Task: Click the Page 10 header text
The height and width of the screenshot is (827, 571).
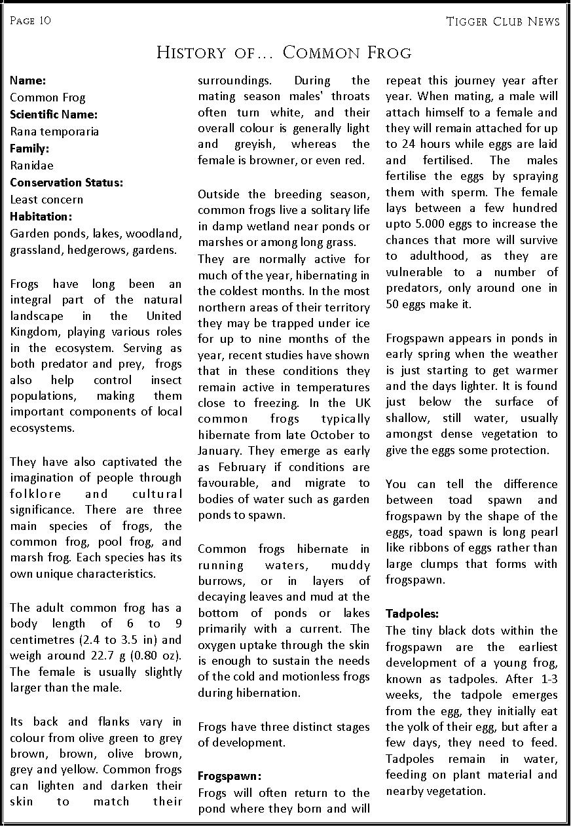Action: click(x=30, y=20)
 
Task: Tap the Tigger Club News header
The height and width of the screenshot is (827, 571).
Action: click(x=502, y=22)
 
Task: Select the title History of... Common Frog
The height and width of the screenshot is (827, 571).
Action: click(x=284, y=52)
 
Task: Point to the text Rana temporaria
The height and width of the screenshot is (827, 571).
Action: click(x=54, y=132)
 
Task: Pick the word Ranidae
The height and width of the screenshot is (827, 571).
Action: click(x=31, y=166)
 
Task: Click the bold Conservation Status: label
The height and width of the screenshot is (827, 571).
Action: click(x=66, y=183)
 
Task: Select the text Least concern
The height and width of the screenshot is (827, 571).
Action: click(x=46, y=200)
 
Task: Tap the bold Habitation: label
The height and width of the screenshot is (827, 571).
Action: click(x=41, y=217)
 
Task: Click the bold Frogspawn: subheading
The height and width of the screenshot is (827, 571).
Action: click(x=229, y=777)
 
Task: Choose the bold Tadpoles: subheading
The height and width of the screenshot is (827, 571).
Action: click(x=412, y=614)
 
